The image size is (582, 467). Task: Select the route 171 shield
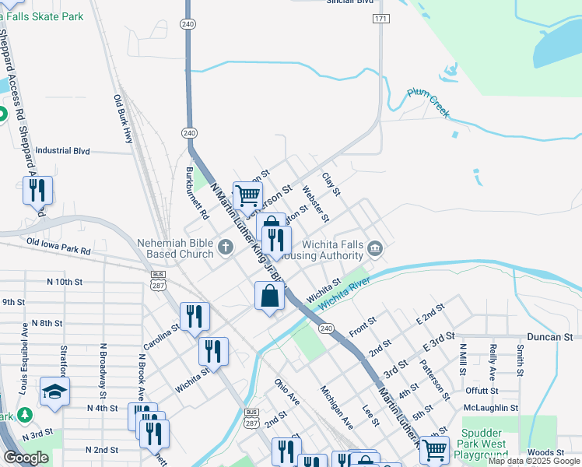click(380, 17)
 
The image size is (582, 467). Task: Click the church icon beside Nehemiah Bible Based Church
click(226, 248)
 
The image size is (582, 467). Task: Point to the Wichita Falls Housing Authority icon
click(375, 248)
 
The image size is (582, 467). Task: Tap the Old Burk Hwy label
click(123, 118)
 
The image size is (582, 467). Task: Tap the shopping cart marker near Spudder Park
click(434, 449)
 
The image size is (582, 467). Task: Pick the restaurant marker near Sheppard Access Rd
click(37, 189)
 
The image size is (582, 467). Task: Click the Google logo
click(26, 458)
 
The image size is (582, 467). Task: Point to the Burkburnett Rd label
click(198, 191)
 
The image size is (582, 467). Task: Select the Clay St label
click(331, 184)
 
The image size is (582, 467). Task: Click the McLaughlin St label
click(490, 408)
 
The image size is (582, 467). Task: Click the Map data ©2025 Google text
click(533, 461)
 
